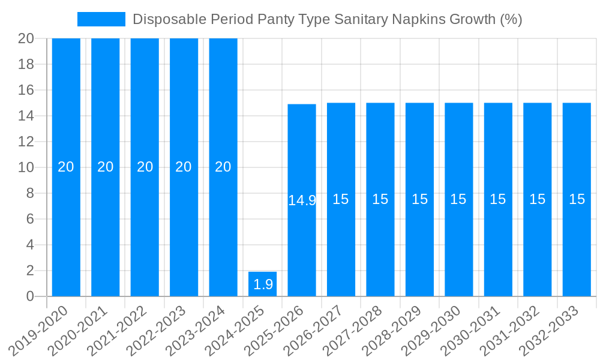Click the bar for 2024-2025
tap(263, 284)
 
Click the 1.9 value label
tap(263, 284)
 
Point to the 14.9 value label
tap(302, 200)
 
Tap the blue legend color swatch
tap(101, 19)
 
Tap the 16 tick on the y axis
tap(26, 90)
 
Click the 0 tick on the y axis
tap(30, 296)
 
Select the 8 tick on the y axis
tap(30, 193)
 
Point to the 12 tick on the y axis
tap(26, 142)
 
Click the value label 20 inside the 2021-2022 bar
tap(145, 167)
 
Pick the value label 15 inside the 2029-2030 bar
tap(458, 199)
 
